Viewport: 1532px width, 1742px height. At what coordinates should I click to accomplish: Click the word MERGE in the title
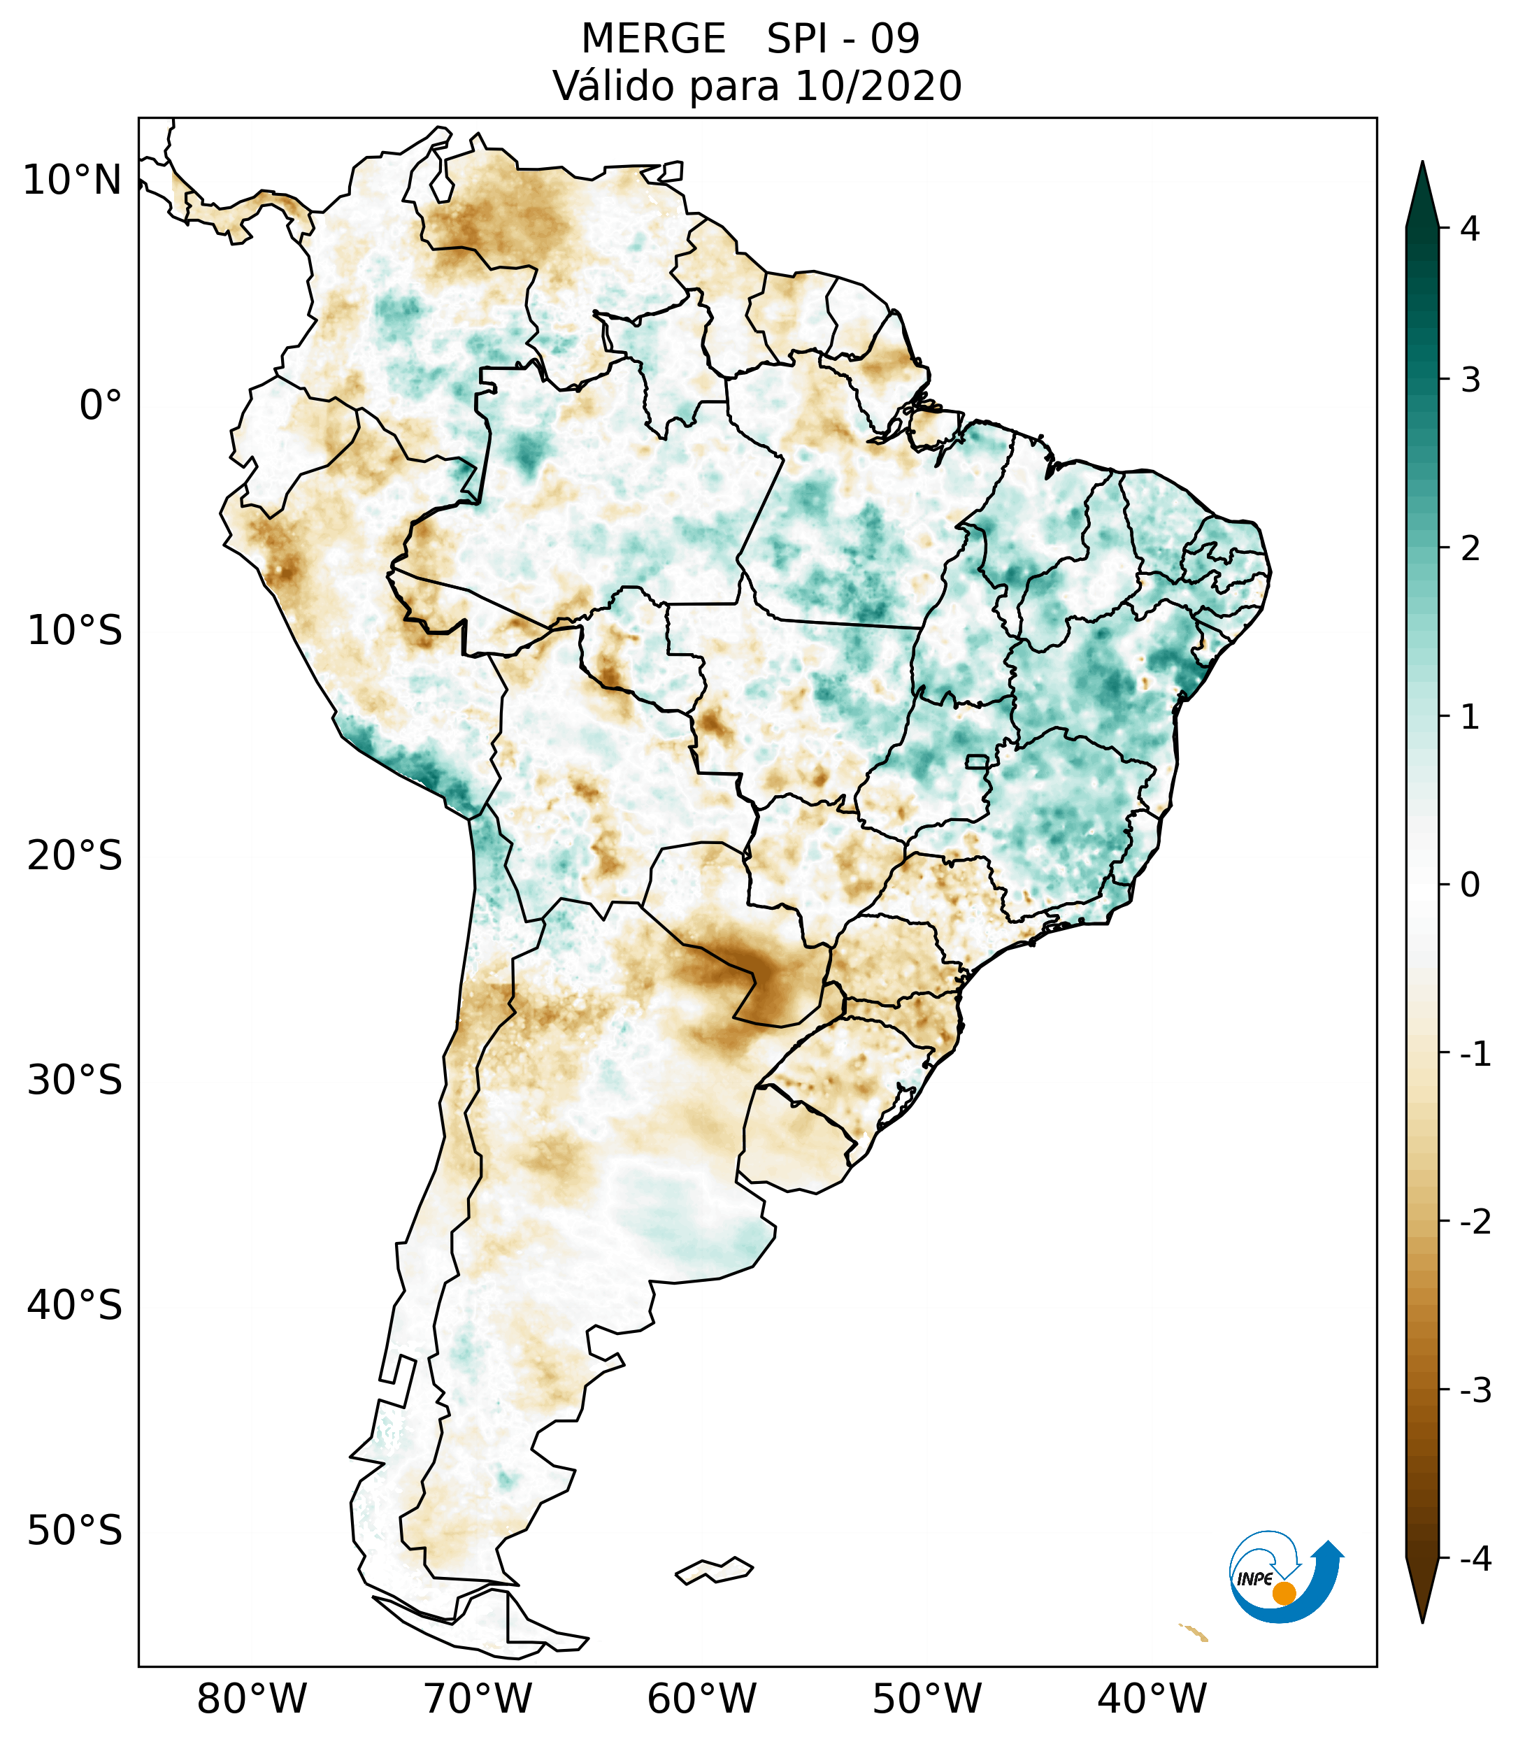click(654, 39)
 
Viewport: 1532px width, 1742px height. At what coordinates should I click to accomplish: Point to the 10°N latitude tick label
click(73, 180)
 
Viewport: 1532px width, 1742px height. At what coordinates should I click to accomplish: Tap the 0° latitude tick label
click(101, 406)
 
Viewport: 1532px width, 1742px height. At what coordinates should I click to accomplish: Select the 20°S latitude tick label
click(75, 856)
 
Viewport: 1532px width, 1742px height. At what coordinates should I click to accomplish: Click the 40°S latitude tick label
click(75, 1306)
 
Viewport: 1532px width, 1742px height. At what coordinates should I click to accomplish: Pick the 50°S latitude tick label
click(75, 1532)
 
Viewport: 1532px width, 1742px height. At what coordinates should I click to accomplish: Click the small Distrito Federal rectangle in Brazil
click(978, 761)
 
